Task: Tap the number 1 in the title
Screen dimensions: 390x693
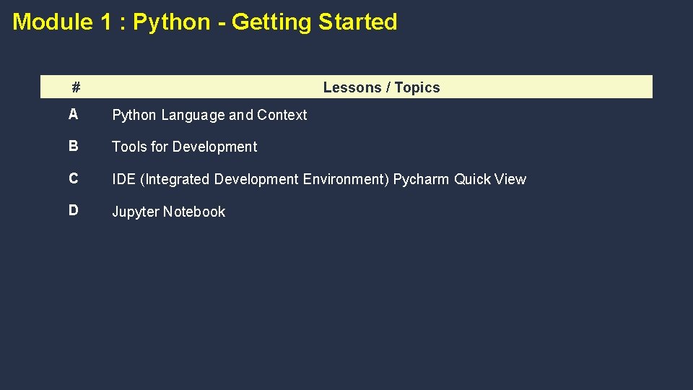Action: (106, 22)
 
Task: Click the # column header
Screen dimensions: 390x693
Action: (76, 88)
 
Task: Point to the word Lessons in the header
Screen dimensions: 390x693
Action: (352, 87)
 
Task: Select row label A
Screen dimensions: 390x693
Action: (74, 114)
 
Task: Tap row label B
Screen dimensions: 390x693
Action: (74, 146)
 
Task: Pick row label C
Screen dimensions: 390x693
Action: (74, 178)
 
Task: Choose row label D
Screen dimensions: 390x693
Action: (74, 210)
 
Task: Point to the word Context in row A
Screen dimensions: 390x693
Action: (282, 115)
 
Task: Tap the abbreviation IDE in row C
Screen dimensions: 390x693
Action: (123, 179)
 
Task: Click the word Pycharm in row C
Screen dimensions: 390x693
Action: (421, 179)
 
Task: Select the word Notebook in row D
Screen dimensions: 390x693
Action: (193, 212)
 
